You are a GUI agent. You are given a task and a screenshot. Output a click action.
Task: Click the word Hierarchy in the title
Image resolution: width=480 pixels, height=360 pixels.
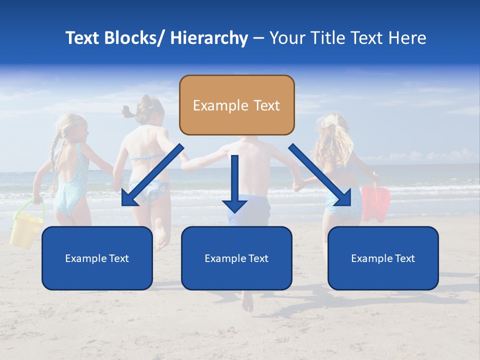209,38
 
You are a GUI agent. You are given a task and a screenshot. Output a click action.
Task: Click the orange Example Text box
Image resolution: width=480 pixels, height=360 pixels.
236,105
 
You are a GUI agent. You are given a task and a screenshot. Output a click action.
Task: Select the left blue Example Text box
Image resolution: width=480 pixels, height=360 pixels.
97,258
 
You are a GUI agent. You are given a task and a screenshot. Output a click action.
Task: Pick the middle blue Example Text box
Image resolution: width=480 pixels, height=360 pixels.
236,258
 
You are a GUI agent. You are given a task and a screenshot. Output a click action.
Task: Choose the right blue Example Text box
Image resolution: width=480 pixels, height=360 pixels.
383,258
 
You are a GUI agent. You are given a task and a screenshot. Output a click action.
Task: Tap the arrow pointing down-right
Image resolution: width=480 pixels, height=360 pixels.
322,175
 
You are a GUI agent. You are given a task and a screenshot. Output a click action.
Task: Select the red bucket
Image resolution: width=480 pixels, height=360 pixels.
376,202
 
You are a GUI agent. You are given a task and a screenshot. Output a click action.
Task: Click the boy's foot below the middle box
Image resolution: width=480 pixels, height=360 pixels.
247,300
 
